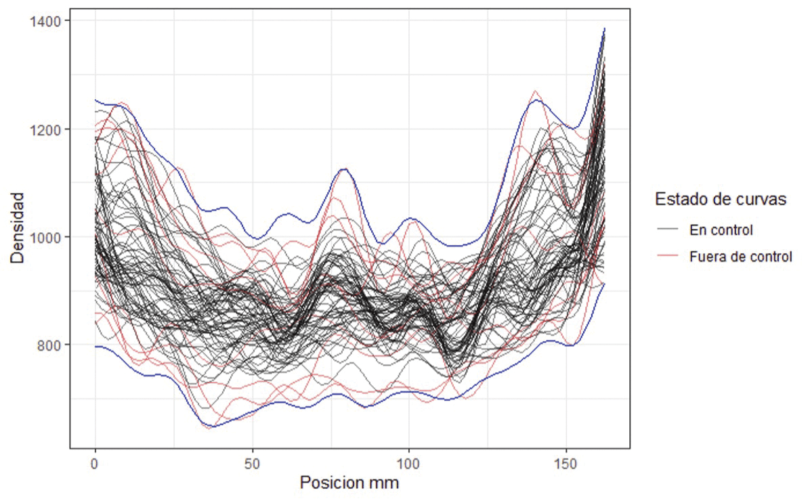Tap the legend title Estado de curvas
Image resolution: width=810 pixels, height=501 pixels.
click(x=720, y=200)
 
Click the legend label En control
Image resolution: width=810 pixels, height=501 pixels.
click(x=721, y=230)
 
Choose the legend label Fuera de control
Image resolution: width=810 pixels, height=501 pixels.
click(x=740, y=257)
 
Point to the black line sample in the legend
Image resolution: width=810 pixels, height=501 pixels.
click(x=668, y=230)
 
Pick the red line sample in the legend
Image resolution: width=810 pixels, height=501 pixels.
click(x=668, y=257)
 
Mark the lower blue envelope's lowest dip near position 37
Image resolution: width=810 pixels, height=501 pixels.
click(x=212, y=427)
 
